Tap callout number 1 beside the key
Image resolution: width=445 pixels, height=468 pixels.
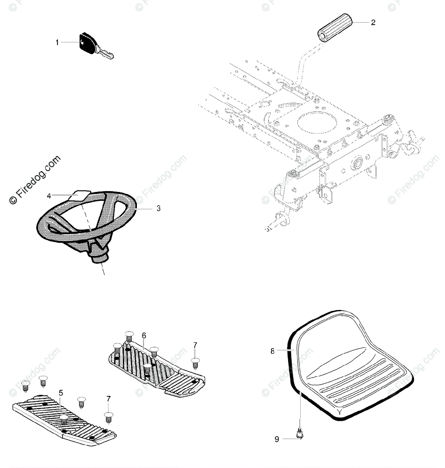pos(57,43)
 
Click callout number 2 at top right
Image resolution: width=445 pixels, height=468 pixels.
pos(373,23)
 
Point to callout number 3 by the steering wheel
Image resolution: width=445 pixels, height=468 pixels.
pos(158,209)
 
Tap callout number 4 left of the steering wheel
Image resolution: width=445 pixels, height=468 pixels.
pos(49,196)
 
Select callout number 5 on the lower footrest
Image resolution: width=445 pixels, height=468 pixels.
pos(61,393)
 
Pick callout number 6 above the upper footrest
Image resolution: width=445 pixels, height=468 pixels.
pos(144,335)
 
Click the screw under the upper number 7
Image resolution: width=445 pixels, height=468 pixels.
pos(195,363)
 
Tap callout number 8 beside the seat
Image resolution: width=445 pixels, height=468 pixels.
pos(273,351)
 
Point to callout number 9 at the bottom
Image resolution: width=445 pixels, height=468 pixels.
pos(277,440)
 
